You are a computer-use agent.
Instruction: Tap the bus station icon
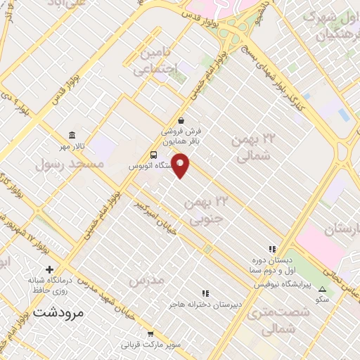click(x=153, y=155)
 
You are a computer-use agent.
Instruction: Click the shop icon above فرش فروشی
click(x=181, y=120)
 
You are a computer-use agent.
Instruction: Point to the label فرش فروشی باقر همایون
click(x=181, y=136)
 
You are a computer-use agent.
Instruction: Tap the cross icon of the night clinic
click(x=49, y=269)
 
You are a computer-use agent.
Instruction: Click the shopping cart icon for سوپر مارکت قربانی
click(x=150, y=334)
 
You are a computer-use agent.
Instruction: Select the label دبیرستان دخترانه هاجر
click(x=205, y=305)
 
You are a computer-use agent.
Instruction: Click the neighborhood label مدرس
click(x=147, y=280)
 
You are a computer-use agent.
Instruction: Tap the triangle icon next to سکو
click(x=323, y=289)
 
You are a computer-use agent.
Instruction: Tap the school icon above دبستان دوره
click(x=271, y=248)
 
